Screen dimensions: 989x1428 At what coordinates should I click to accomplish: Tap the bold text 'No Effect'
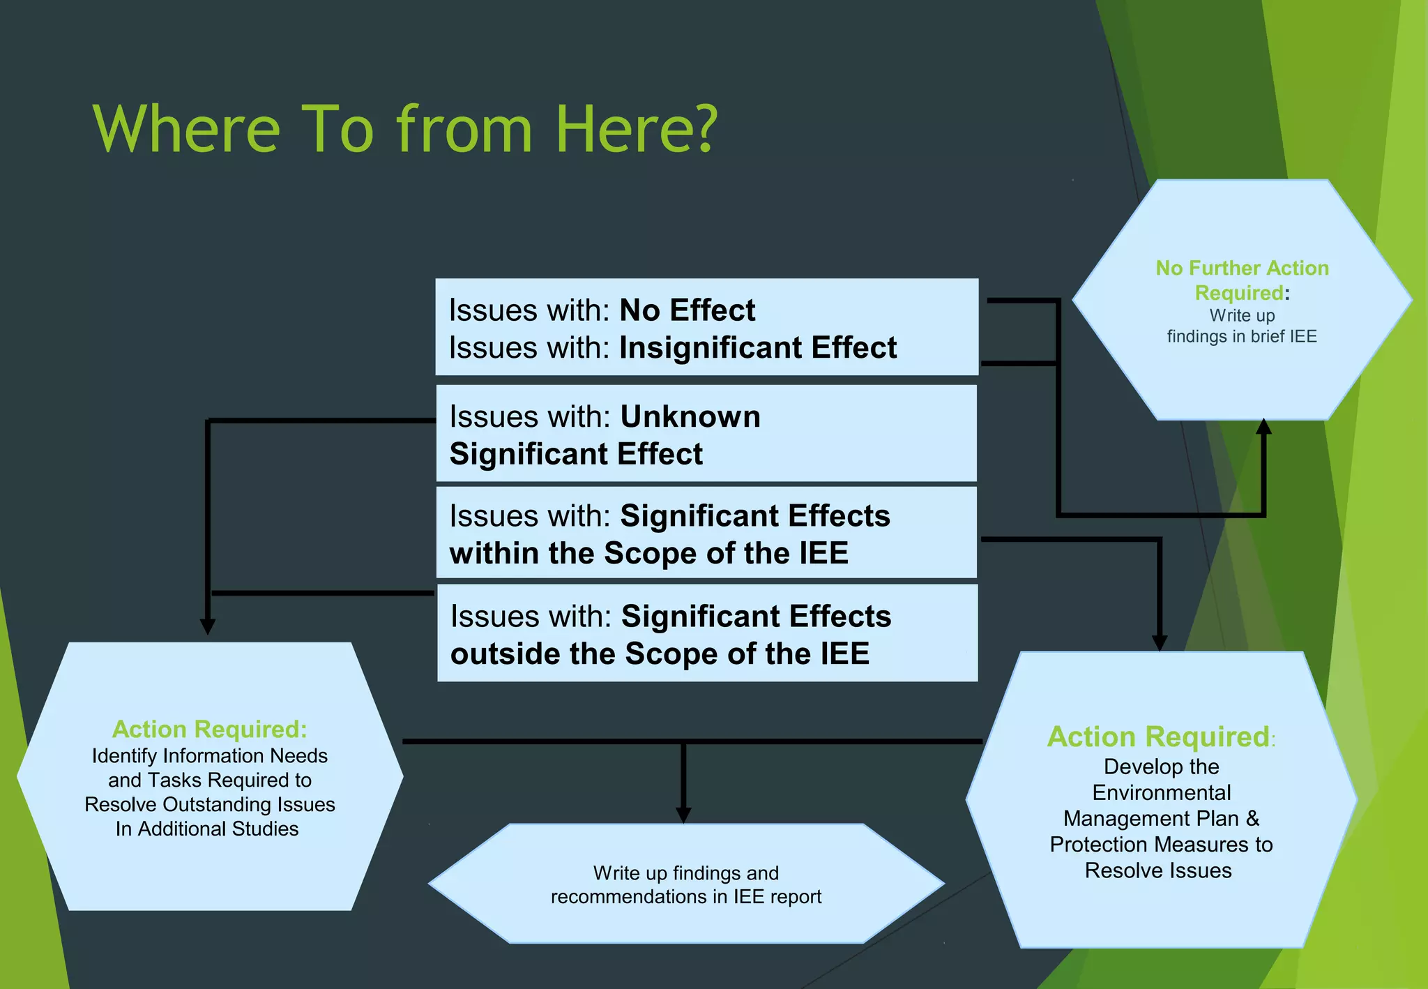click(x=687, y=310)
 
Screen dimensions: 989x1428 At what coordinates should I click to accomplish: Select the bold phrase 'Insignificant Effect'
click(x=758, y=348)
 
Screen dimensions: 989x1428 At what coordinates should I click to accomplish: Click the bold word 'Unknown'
click(x=690, y=417)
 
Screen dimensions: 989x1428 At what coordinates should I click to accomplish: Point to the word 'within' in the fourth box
click(x=494, y=554)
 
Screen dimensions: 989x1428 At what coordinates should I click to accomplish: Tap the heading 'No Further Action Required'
click(x=1242, y=280)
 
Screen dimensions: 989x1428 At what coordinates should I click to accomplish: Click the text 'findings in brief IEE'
click(x=1242, y=337)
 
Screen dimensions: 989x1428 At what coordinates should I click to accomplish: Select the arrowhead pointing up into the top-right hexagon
click(x=1263, y=427)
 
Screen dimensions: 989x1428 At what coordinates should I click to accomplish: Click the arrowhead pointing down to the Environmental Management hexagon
click(x=1160, y=642)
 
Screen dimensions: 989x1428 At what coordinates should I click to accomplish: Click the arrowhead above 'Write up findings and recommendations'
click(x=683, y=815)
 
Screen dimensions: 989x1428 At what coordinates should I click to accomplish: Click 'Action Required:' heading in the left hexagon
click(x=209, y=730)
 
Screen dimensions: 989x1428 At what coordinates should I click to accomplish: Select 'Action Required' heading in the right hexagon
click(x=1158, y=737)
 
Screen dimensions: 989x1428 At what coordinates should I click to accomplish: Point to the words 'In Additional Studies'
click(x=207, y=829)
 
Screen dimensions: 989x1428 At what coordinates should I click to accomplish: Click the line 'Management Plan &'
click(x=1161, y=819)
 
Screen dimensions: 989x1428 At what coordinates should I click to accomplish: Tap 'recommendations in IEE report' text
click(x=686, y=897)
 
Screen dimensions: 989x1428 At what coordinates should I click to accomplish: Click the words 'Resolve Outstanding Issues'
click(x=209, y=805)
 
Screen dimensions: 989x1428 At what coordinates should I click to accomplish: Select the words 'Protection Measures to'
click(x=1161, y=845)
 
